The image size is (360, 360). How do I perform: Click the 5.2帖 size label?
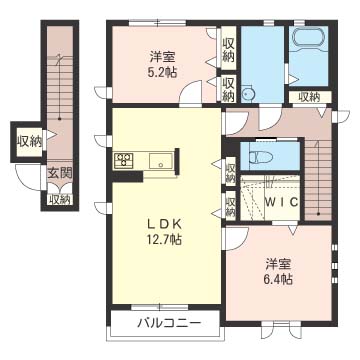point(164,72)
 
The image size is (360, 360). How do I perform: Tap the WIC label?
point(281,204)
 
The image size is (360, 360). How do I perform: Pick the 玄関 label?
point(58,173)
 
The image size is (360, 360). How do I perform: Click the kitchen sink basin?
point(161,160)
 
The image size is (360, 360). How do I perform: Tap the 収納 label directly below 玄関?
point(60,198)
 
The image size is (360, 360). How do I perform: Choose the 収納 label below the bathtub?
point(309,97)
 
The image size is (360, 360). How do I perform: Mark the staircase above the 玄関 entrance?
point(60,80)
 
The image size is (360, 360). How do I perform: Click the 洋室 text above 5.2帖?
point(163,55)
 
